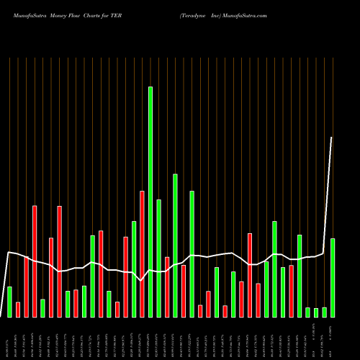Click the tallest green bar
(x=150, y=202)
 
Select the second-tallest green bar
(x=175, y=246)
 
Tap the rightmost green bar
(x=333, y=277)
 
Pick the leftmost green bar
(x=9, y=302)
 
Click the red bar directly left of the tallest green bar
(x=142, y=254)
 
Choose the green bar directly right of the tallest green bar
(x=158, y=258)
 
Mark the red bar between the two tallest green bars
(x=167, y=287)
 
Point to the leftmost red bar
(x=18, y=310)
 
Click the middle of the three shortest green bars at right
(x=316, y=312)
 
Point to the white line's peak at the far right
(x=332, y=138)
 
